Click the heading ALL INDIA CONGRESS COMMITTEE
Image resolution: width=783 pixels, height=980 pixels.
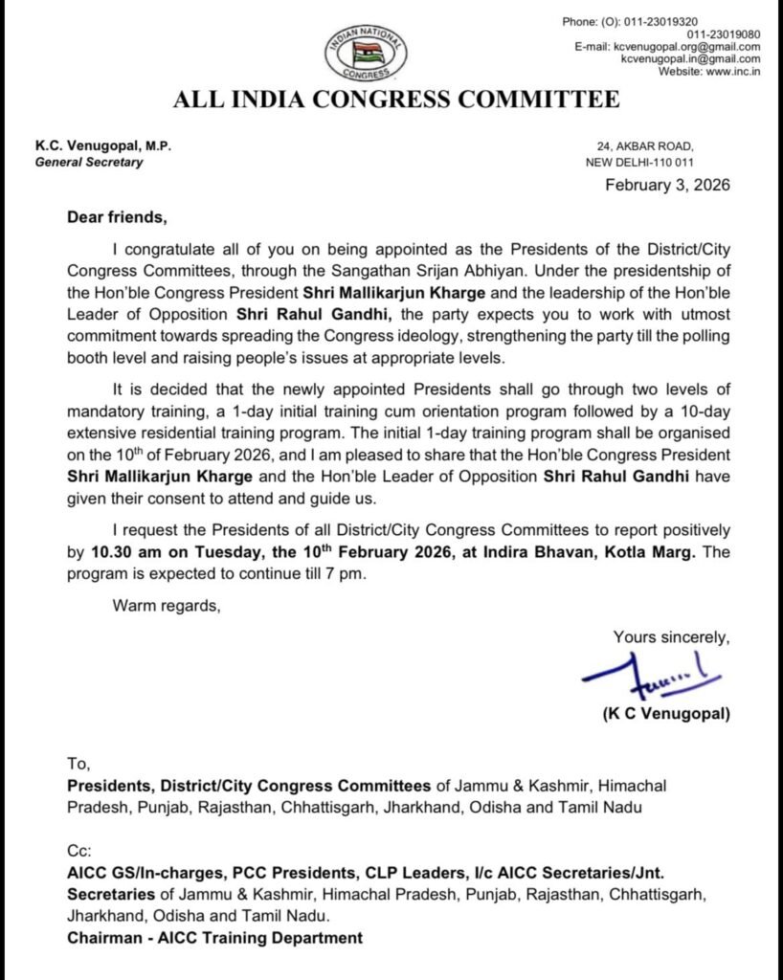(x=395, y=100)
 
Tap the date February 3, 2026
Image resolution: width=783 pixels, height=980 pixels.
(x=667, y=185)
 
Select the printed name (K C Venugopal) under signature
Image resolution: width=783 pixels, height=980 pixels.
(x=665, y=714)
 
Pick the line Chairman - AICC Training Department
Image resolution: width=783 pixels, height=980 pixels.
(x=214, y=938)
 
